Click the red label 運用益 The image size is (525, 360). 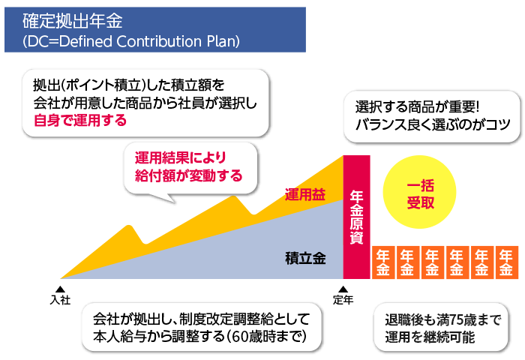305,195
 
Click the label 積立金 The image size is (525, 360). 305,259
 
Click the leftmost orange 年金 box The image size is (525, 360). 383,262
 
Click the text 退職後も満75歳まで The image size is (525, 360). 441,319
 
